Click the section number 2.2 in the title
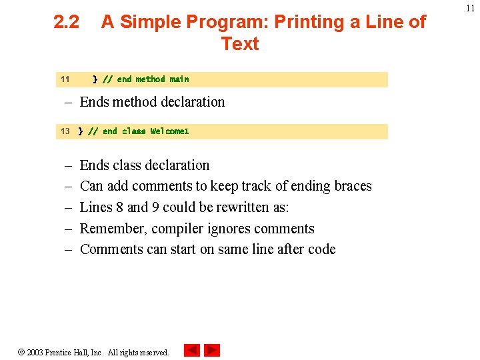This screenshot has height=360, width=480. pos(66,22)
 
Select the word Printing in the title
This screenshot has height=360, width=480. pos(306,22)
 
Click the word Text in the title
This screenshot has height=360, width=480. pos(240,44)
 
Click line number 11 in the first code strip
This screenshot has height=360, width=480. pos(65,79)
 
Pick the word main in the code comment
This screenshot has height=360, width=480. pos(179,79)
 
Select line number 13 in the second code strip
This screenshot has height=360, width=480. pos(65,131)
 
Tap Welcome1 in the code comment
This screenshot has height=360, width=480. pos(169,131)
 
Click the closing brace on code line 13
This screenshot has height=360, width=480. pos(81,131)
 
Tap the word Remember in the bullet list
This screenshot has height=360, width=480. pos(111,229)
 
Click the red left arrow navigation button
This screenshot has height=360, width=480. pos(192,351)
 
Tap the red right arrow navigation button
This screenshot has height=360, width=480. pos(212,351)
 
